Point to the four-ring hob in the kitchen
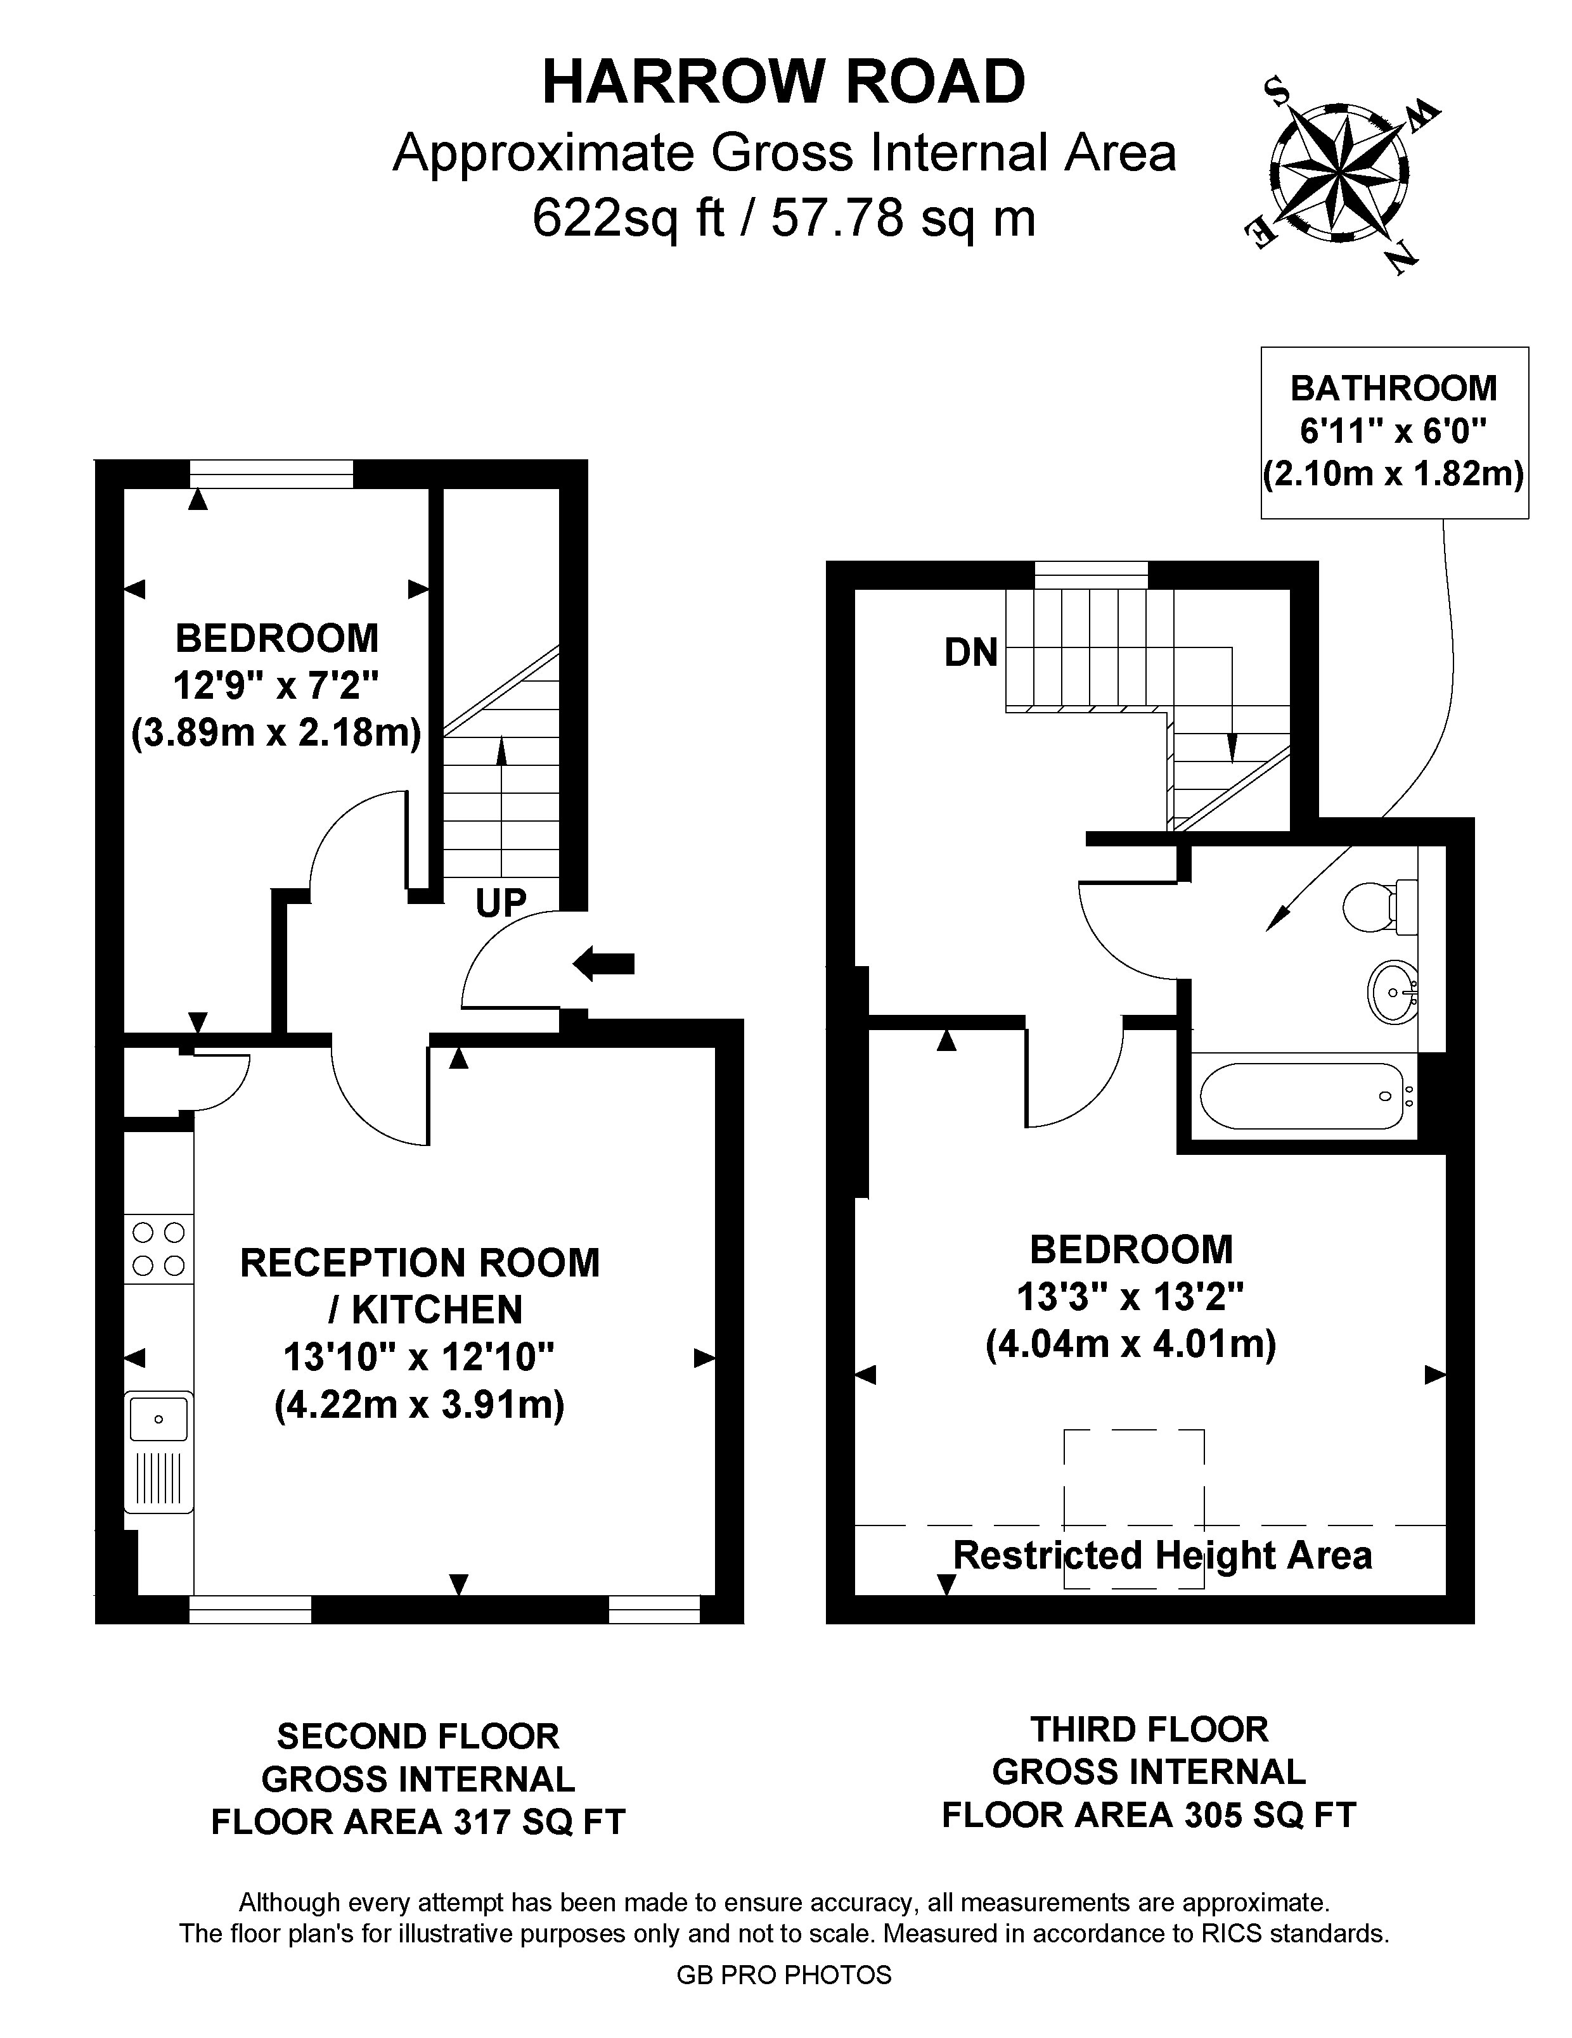click(x=158, y=1249)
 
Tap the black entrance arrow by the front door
click(x=603, y=963)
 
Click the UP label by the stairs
click(x=501, y=902)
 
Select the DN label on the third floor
click(x=971, y=653)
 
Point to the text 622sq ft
click(x=628, y=219)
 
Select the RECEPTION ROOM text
click(x=420, y=1263)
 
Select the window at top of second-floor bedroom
click(x=272, y=474)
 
